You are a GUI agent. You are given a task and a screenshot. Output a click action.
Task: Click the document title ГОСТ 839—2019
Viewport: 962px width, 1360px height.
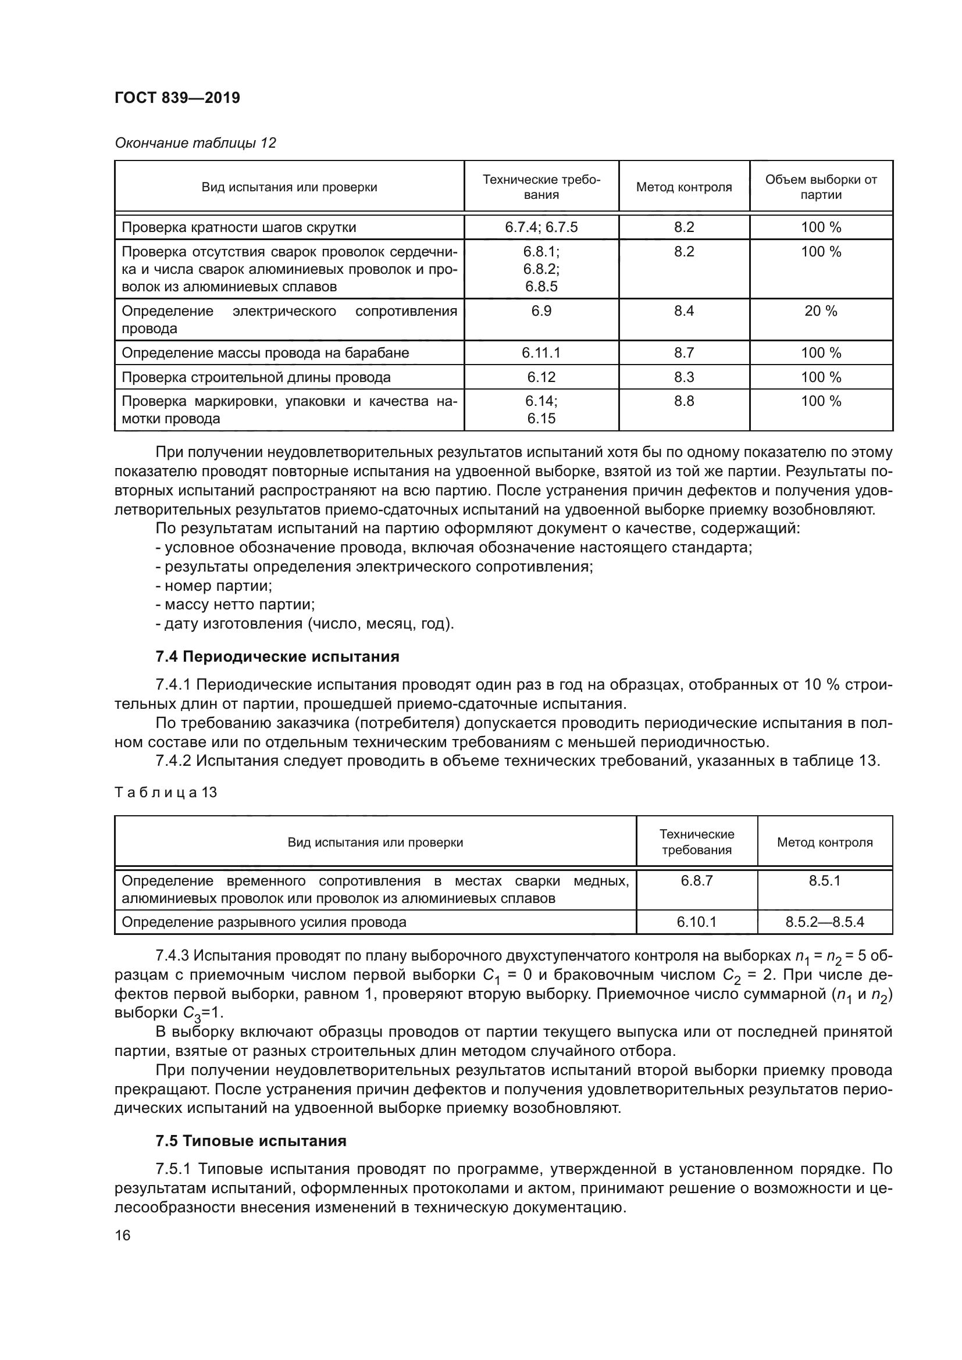tap(177, 98)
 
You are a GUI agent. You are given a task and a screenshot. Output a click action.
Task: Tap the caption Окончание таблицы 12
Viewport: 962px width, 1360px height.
tap(195, 143)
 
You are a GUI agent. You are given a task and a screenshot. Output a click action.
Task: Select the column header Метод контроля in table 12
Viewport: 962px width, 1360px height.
tap(683, 187)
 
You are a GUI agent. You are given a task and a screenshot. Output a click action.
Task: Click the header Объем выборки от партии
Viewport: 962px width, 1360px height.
tap(821, 187)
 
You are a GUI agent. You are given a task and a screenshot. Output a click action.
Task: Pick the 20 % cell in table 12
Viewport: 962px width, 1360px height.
tap(821, 311)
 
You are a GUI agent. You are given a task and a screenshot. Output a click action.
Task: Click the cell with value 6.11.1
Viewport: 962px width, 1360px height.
tap(541, 353)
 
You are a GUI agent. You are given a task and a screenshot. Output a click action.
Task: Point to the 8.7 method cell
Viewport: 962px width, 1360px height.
tap(683, 353)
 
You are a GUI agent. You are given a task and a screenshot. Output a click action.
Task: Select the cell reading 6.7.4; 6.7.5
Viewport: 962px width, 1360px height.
tap(541, 227)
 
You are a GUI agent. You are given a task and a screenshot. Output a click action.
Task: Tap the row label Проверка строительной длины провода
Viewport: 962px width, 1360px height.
tap(256, 377)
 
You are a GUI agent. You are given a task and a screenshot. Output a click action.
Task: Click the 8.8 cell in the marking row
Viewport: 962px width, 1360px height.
tap(683, 401)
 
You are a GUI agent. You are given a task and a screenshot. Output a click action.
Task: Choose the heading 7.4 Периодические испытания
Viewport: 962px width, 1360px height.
tap(277, 656)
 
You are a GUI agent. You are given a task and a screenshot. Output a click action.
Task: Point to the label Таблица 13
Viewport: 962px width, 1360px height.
tap(166, 792)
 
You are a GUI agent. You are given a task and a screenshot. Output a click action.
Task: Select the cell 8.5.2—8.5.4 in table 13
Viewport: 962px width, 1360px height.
tap(825, 922)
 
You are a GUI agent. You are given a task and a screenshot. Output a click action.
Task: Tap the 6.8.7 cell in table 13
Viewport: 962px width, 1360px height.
tap(697, 881)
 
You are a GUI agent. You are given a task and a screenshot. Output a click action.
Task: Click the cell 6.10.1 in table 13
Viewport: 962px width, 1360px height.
tap(697, 922)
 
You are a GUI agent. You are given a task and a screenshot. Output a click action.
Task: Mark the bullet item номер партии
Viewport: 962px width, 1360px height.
tap(215, 586)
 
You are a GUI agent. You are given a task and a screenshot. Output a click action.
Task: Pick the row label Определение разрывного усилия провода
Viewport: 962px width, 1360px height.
tap(264, 922)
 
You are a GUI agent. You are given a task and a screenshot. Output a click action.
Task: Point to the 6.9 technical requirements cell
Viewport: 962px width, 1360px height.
tap(541, 311)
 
